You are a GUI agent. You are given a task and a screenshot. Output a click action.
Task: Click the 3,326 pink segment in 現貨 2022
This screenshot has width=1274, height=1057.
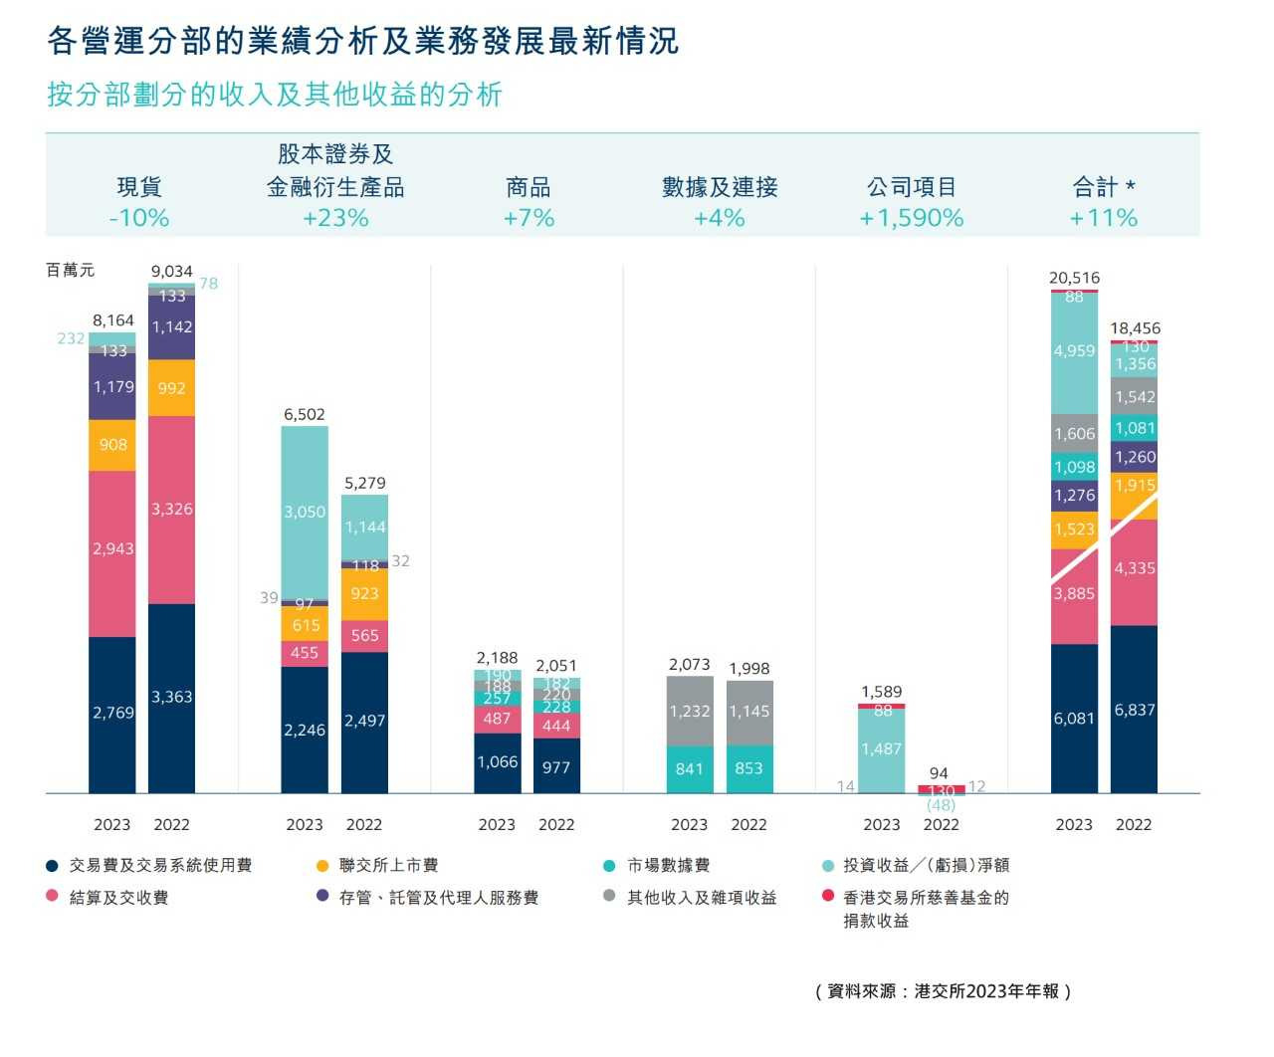(171, 510)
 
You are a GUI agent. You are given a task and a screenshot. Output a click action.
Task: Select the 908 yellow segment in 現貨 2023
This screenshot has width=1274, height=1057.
(112, 445)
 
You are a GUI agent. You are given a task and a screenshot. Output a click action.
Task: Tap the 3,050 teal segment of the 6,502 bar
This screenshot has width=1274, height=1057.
(305, 513)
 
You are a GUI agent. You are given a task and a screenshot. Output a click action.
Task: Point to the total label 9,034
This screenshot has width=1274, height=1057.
(171, 271)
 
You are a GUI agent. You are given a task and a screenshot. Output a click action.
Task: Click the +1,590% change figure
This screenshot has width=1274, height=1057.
(912, 218)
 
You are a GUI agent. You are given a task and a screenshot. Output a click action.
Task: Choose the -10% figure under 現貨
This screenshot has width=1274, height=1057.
(139, 218)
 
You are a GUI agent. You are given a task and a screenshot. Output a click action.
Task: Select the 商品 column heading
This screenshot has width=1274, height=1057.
(528, 187)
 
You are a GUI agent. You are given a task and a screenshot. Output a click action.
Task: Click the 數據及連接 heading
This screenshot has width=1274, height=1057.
(720, 187)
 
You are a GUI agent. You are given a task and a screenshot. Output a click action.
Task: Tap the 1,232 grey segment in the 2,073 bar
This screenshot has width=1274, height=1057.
(690, 712)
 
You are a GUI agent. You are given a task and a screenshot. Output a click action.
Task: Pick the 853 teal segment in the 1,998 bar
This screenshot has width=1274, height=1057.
(748, 768)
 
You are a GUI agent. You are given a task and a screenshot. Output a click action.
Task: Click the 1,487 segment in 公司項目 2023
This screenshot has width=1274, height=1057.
(882, 749)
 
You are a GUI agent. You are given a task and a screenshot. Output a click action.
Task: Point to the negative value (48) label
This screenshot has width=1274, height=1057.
(941, 805)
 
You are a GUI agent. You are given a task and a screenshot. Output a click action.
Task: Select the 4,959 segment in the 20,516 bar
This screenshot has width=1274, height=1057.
(1074, 351)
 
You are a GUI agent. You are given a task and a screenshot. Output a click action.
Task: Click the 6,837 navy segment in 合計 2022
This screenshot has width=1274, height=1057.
(1135, 710)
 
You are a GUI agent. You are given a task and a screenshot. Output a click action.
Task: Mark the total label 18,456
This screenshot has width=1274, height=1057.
(1135, 328)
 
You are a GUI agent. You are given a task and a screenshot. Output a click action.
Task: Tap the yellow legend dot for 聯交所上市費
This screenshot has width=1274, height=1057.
(321, 866)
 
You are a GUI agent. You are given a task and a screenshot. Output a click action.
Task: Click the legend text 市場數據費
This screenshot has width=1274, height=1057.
(668, 866)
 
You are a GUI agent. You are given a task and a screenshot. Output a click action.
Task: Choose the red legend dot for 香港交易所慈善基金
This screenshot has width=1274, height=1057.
(828, 897)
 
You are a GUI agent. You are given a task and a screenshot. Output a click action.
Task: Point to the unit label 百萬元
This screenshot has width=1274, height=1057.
(71, 270)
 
